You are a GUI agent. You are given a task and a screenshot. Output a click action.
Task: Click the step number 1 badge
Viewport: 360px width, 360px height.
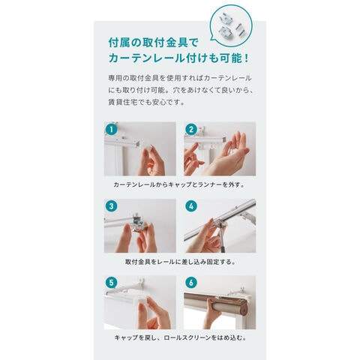tap(112, 129)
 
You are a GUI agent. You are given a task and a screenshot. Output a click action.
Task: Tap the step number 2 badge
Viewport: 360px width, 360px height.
tap(191, 129)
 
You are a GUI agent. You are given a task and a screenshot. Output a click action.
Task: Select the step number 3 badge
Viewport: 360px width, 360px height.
tap(112, 206)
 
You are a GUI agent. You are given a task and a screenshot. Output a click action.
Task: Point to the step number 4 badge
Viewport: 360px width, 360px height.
tap(191, 206)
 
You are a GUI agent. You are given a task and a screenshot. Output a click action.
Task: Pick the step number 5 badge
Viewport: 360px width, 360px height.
tap(112, 283)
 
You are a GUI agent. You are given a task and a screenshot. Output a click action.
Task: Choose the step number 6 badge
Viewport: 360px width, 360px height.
tap(191, 283)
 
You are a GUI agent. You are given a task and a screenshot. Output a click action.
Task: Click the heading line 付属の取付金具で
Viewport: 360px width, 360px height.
tap(153, 43)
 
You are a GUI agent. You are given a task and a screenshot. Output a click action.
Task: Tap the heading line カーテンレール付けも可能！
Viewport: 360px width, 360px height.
tap(179, 58)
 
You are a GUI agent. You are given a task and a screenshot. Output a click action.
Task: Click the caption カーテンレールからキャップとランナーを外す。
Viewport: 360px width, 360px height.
tap(179, 184)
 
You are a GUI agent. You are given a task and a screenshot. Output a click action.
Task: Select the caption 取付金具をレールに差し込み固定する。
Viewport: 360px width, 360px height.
tap(180, 262)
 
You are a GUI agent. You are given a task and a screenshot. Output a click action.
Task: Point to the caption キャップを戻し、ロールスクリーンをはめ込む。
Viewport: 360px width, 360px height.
tap(180, 337)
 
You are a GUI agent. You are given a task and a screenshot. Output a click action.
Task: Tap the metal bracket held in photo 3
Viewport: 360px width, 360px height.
tap(138, 223)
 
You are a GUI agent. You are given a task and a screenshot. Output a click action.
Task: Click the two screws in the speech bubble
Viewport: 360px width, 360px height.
tap(241, 28)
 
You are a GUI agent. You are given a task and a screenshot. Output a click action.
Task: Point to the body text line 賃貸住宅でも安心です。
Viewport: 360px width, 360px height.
tap(146, 102)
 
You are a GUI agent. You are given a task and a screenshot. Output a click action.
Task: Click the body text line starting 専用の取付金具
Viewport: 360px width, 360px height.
tap(180, 78)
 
